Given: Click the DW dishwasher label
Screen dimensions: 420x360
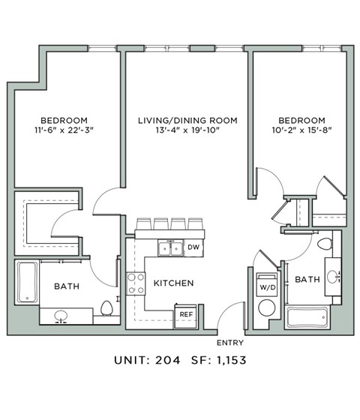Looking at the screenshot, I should [x=193, y=247].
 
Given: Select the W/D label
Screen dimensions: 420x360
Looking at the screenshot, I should [x=266, y=286].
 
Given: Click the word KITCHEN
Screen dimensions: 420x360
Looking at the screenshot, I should [x=174, y=283].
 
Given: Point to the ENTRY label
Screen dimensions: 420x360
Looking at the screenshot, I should [x=229, y=343].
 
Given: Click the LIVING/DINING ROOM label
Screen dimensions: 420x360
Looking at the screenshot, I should [x=187, y=121].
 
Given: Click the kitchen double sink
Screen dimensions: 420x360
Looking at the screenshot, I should [x=169, y=247].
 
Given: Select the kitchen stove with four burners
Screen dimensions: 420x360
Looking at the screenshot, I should [x=136, y=283].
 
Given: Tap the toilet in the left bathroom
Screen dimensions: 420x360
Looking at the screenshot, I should [x=107, y=308].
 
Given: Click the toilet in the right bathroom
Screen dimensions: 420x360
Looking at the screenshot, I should [x=325, y=245].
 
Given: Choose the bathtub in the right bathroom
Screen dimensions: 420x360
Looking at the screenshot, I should [x=307, y=316].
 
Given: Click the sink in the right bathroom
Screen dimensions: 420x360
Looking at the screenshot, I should [x=334, y=275].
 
